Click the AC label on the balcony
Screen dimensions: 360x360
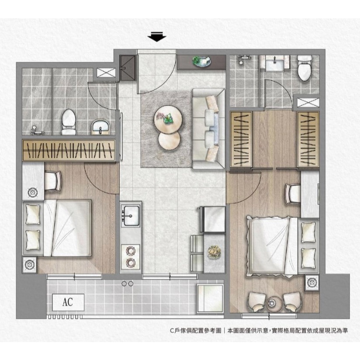[x=68, y=302]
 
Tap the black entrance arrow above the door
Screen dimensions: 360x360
[x=157, y=37]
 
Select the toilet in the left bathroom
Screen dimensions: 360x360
[x=69, y=122]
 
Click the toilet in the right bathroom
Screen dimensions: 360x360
[x=305, y=68]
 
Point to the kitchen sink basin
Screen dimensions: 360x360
[x=131, y=215]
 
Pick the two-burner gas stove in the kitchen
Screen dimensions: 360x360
[x=130, y=257]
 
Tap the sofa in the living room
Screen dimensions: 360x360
[x=208, y=129]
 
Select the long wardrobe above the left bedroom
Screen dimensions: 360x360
[x=69, y=150]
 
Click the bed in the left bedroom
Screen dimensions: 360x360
[x=57, y=228]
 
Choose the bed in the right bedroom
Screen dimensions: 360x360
[x=282, y=246]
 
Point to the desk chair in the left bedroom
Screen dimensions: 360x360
[x=53, y=181]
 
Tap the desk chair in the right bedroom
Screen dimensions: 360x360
[x=293, y=194]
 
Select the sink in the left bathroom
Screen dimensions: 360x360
[x=100, y=127]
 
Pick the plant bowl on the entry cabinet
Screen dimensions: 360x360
[x=202, y=62]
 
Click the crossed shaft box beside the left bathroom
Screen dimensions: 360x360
[x=106, y=73]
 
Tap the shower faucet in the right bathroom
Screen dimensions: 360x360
[x=243, y=59]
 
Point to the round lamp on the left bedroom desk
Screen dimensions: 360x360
[x=32, y=192]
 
